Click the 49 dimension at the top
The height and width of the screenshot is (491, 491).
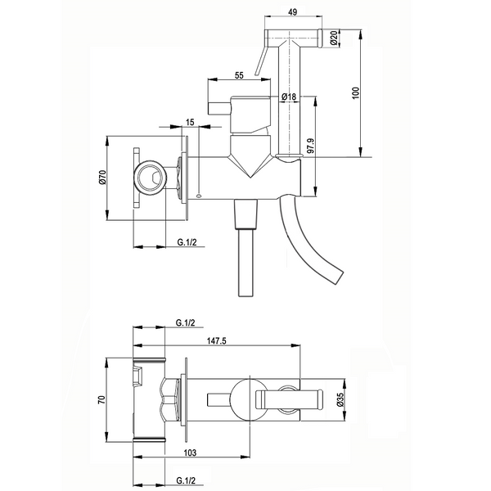293,12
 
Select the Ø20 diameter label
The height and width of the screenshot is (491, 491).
334,38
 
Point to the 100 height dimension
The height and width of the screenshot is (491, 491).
356,93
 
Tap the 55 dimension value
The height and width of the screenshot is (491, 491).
239,75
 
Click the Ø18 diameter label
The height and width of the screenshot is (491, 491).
288,97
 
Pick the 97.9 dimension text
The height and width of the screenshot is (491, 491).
310,145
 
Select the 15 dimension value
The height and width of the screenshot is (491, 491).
190,121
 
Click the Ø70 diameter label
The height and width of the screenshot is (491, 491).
103,178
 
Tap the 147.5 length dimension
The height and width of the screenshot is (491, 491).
216,340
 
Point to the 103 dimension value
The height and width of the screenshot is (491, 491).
190,453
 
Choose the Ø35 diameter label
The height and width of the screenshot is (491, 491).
340,400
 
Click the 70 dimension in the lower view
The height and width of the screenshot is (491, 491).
101,399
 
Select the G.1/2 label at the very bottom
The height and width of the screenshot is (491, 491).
186,480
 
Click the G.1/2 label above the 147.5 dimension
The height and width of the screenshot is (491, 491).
186,322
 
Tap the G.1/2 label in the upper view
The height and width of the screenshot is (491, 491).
187,241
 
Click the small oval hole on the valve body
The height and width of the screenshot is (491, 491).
199,196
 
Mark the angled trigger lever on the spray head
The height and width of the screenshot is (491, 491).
261,60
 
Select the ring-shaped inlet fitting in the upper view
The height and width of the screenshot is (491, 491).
150,178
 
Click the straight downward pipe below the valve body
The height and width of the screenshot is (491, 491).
245,262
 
